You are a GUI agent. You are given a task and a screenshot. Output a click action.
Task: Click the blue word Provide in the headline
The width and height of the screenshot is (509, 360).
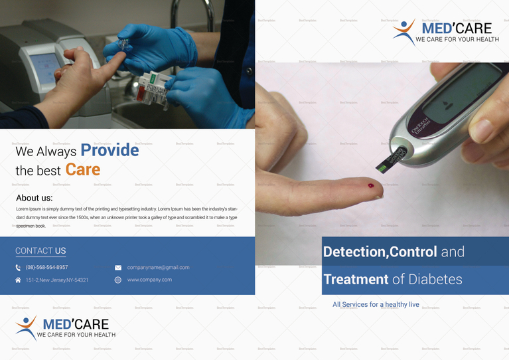(x=109, y=150)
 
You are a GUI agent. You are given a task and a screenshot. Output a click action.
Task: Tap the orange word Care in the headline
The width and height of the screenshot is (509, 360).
(x=83, y=169)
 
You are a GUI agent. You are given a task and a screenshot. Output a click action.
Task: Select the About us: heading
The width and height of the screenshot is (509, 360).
(x=34, y=198)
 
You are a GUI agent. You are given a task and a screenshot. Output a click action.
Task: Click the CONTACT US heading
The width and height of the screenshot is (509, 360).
(x=40, y=250)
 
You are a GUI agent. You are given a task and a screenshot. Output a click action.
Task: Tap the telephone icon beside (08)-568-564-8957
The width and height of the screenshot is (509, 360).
(x=19, y=268)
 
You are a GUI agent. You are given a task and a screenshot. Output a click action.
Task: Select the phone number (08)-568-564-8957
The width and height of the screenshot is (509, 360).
(x=47, y=268)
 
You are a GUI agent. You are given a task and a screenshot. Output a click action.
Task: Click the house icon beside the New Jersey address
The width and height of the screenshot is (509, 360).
(x=19, y=280)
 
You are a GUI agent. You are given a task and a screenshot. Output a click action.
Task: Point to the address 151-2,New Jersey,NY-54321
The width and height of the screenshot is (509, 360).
(x=57, y=280)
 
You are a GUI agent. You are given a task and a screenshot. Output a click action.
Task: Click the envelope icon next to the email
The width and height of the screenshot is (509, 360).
(x=118, y=268)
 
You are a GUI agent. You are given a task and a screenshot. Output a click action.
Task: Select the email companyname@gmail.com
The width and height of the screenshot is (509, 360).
(x=158, y=268)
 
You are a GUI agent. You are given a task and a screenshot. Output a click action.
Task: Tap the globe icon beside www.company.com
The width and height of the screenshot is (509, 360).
(x=118, y=280)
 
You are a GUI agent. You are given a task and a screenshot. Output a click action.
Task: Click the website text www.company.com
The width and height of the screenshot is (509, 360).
(x=149, y=280)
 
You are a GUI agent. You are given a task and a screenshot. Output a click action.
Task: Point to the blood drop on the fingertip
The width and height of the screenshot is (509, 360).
(x=371, y=187)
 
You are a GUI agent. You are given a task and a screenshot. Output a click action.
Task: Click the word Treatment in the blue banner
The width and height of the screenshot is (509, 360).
(x=356, y=280)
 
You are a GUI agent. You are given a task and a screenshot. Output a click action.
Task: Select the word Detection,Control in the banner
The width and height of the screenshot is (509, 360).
(x=380, y=252)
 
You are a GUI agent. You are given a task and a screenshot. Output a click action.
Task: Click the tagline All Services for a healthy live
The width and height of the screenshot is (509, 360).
(x=376, y=304)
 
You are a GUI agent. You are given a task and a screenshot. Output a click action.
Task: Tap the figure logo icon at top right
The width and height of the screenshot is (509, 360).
(x=403, y=31)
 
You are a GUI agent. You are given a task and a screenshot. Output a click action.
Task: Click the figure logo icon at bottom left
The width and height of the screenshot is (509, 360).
(x=26, y=328)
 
